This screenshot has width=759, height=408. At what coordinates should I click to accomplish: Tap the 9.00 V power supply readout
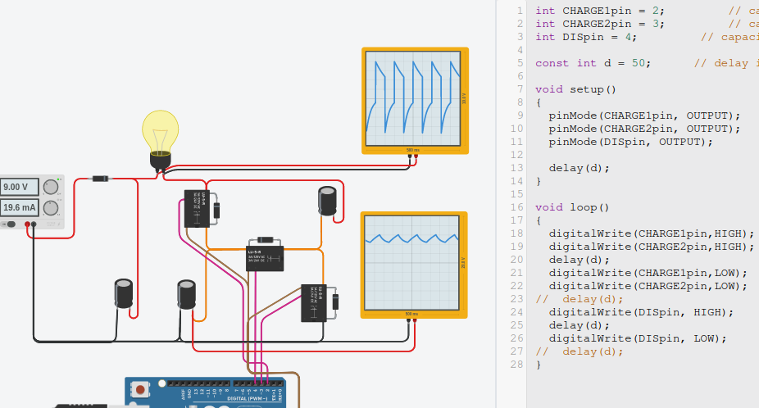[x=19, y=186]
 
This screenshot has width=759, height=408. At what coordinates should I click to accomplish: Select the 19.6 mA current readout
[x=19, y=207]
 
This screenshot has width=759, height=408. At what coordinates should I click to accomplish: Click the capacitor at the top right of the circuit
[x=328, y=202]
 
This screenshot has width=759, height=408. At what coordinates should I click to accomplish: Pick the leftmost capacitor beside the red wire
[x=124, y=293]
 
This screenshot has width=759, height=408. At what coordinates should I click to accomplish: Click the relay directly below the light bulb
[x=196, y=209]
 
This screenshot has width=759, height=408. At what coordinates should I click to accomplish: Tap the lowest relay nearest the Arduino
[x=313, y=302]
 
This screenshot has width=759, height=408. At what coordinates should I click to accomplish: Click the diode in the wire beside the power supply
[x=101, y=179]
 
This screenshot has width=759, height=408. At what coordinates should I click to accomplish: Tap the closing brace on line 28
[x=538, y=365]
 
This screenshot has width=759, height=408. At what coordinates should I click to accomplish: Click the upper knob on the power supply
[x=50, y=187]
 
